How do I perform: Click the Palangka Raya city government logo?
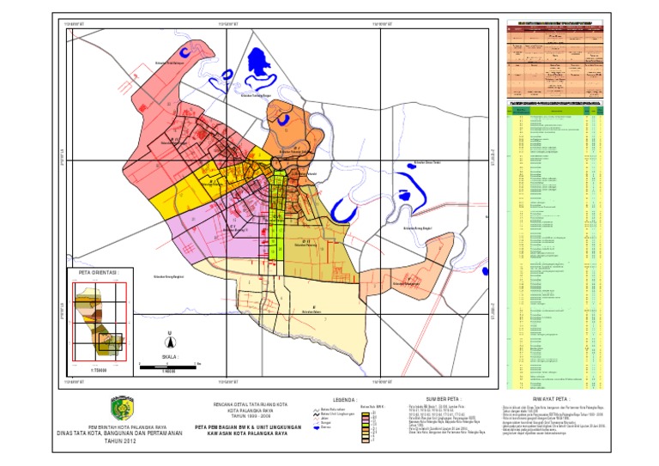120,405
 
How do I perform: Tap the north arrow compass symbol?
168,337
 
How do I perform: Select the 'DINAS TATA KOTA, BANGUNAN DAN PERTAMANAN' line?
120,433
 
